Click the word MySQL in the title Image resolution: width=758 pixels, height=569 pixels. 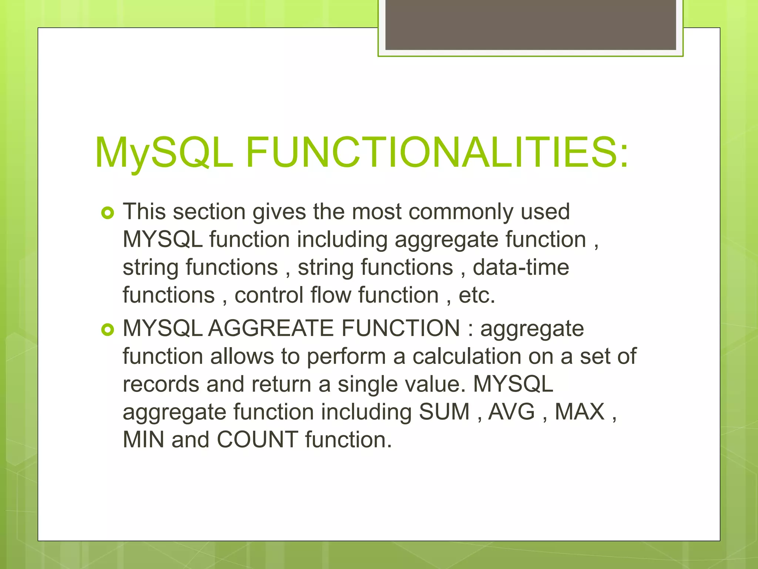[x=164, y=153]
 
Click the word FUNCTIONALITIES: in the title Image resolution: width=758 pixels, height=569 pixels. [x=437, y=153]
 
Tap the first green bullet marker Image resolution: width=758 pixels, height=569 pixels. [x=108, y=213]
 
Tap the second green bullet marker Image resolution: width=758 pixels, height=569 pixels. [x=108, y=330]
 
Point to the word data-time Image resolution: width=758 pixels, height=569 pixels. [x=521, y=267]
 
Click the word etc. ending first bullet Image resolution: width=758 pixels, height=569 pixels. [x=477, y=295]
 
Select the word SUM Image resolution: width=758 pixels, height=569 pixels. [x=444, y=412]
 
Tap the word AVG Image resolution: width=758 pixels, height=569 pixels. [x=512, y=412]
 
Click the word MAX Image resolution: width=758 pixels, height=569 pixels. [x=579, y=412]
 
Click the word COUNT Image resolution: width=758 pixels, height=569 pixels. [x=257, y=439]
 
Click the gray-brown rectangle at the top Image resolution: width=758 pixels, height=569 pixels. [x=530, y=24]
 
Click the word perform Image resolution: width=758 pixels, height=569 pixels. [x=346, y=357]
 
